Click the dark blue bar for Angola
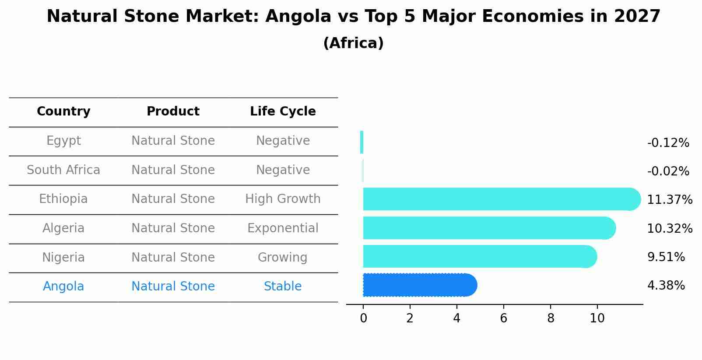tap(419, 285)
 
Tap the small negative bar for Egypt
tap(362, 142)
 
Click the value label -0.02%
tap(668, 171)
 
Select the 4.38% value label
tap(666, 286)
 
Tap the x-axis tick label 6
tap(503, 318)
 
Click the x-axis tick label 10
tap(597, 318)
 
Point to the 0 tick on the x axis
tap(363, 318)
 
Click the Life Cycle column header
tap(283, 112)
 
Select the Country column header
tap(63, 112)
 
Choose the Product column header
tap(173, 112)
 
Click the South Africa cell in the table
tap(63, 170)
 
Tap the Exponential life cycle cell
tap(283, 228)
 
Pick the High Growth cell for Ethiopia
tap(283, 199)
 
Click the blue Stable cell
tap(283, 287)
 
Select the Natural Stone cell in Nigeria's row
tap(173, 258)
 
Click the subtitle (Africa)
tap(353, 43)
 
